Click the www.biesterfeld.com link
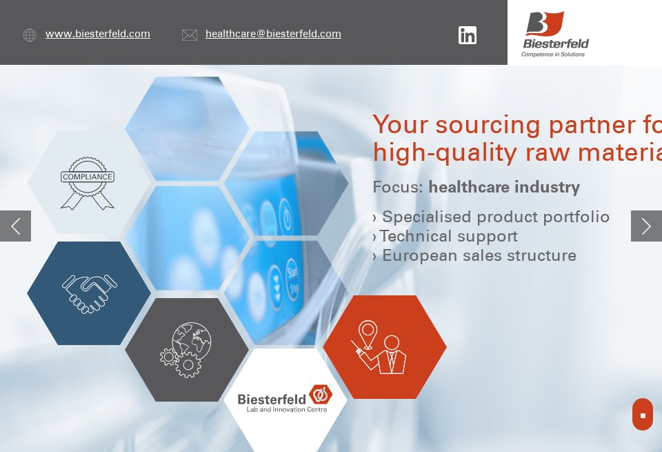[98, 34]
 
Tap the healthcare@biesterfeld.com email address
[273, 34]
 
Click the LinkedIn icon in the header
[468, 35]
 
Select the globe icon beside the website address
[30, 35]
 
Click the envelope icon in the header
[190, 35]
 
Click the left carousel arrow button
[15, 226]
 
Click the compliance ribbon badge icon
[88, 182]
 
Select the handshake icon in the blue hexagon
[89, 293]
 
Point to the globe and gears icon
[186, 349]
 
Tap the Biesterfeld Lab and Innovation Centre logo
[285, 400]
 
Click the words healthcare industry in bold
[504, 187]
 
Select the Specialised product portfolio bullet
[495, 217]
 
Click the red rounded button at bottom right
[642, 414]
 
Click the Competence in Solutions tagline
[553, 54]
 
